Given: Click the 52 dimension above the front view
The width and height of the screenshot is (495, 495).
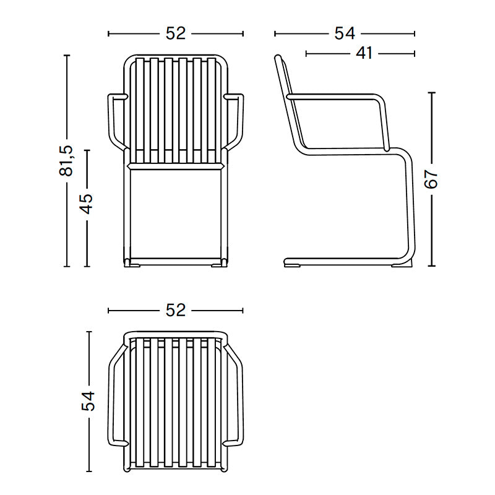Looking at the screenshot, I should (x=176, y=33).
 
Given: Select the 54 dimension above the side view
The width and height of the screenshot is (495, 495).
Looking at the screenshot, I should (x=345, y=33).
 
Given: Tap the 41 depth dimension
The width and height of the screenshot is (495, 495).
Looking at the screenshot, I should (x=364, y=53).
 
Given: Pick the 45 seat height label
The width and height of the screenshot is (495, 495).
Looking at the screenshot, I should (x=87, y=203).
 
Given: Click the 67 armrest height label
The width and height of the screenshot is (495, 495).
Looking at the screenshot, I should (x=431, y=179).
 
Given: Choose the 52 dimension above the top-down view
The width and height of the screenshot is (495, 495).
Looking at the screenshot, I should (x=176, y=310).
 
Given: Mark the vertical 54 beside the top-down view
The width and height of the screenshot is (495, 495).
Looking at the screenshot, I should (x=88, y=401).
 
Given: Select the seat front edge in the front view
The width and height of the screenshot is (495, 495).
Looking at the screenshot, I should (x=175, y=166).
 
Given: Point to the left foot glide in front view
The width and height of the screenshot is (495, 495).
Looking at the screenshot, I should (x=134, y=265).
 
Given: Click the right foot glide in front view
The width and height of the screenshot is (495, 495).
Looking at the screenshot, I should (x=218, y=265).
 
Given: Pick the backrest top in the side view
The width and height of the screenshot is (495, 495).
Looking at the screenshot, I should (x=280, y=59).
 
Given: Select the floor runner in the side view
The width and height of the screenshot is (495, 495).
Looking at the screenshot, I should (x=340, y=259).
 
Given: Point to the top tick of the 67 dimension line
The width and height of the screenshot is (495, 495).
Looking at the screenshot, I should (x=431, y=93).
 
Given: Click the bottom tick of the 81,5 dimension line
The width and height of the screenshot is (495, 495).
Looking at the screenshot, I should (x=67, y=267).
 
